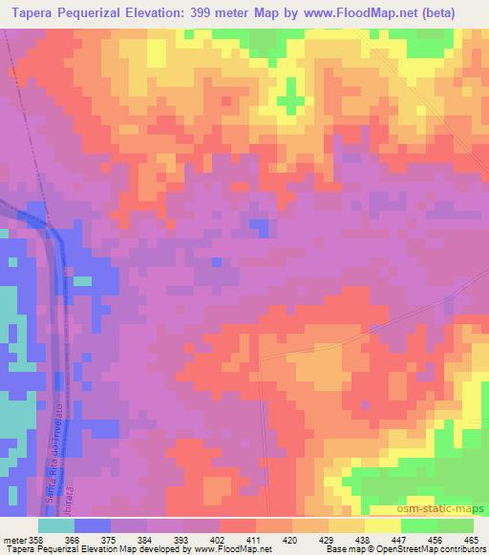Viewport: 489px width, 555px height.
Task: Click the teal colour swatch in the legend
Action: (x=56, y=525)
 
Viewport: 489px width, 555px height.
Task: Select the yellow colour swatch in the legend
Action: (x=383, y=525)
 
